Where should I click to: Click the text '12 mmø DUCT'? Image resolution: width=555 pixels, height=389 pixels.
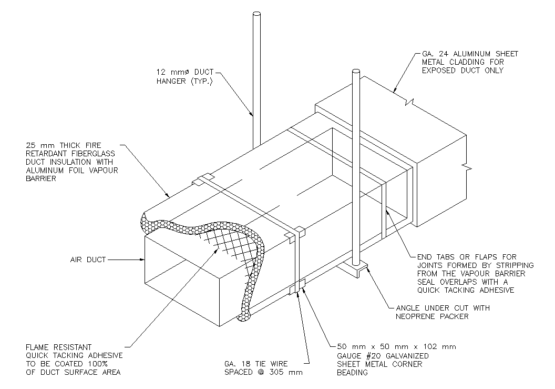tap(183, 71)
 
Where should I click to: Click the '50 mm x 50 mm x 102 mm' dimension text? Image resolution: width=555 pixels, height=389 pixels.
tap(396, 347)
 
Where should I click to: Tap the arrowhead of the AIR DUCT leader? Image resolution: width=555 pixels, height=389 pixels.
tap(141, 260)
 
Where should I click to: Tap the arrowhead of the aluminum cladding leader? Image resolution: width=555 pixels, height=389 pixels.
tap(396, 92)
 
